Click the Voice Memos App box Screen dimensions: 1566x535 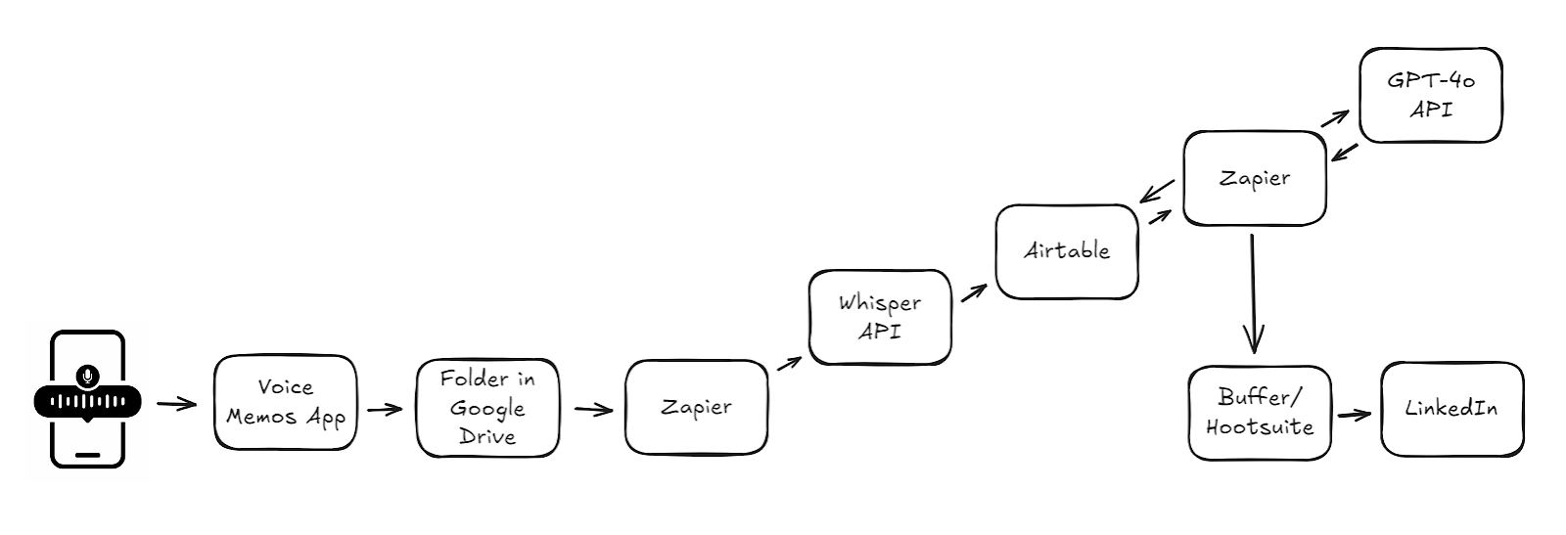285,402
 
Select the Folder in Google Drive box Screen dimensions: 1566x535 488,408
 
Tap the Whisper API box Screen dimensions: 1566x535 880,317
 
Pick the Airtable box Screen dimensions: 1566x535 1067,251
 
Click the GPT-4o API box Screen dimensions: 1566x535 1431,95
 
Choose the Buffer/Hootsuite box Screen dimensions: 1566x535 1260,413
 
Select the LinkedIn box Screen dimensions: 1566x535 1452,409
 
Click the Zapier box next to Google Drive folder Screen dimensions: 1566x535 696,407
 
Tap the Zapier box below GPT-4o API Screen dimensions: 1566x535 1255,178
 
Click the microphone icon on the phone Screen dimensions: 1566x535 87,376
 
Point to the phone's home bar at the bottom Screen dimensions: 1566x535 87,455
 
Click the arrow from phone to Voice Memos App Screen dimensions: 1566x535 177,404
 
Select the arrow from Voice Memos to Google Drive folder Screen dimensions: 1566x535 386,409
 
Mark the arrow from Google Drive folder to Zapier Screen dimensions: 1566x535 593,409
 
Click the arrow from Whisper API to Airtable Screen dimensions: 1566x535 974,292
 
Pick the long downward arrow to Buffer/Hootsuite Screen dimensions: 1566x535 1253,293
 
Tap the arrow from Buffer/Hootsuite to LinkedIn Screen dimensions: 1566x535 1355,416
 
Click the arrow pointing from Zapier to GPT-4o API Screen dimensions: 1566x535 1335,118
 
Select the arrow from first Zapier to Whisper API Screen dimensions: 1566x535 789,363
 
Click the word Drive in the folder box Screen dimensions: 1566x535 487,436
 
